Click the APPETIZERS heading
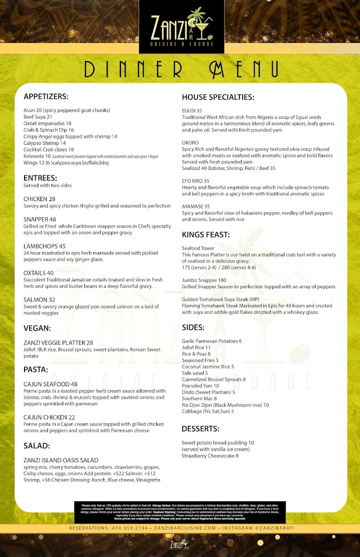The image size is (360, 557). [46, 97]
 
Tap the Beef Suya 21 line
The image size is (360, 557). [38, 117]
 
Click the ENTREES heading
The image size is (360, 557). [40, 178]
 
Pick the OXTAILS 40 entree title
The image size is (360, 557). [39, 273]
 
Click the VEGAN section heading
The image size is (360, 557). [37, 328]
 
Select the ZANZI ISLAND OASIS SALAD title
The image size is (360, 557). [61, 460]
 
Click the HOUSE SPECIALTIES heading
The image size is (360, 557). [218, 97]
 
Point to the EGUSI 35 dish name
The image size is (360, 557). [192, 110]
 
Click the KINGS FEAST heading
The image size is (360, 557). [206, 234]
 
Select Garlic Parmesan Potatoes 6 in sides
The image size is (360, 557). [212, 341]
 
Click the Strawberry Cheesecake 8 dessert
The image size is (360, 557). [210, 456]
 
